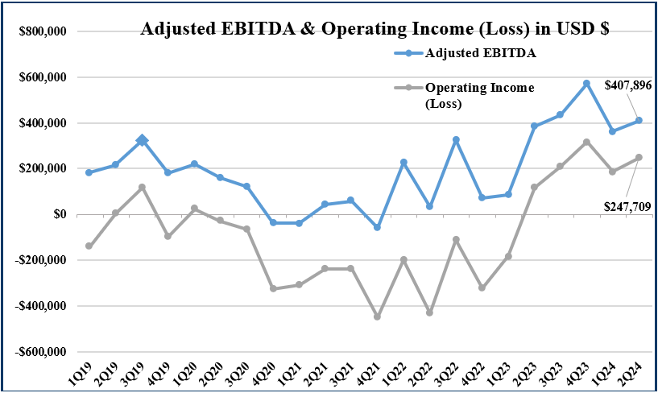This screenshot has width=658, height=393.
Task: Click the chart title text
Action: (374, 30)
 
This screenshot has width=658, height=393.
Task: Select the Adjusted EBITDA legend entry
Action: (480, 53)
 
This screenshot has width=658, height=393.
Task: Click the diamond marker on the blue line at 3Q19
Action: (142, 141)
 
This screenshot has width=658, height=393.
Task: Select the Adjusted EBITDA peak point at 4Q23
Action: (586, 83)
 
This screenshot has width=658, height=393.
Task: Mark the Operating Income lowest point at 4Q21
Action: (377, 316)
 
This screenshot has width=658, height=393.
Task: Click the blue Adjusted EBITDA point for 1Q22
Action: (403, 163)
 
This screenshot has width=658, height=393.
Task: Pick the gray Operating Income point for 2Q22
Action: (429, 312)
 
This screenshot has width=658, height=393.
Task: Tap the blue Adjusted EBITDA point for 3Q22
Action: (456, 139)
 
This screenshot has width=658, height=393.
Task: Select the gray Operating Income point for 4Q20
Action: (273, 288)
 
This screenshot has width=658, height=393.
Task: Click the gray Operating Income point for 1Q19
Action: (89, 246)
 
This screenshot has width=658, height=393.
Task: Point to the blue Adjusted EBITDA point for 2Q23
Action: (534, 126)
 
